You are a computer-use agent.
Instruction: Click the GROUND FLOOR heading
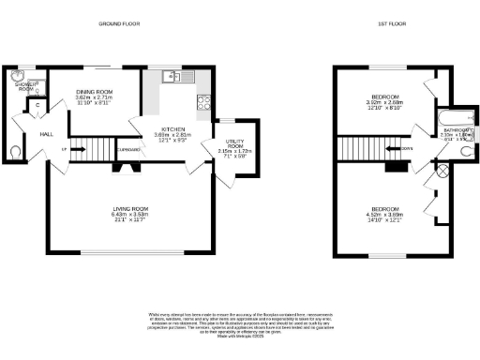(121, 25)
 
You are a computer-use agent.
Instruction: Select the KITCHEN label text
(171, 128)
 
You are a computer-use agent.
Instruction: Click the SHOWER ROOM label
(21, 85)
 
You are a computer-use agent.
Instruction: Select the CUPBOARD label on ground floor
(129, 148)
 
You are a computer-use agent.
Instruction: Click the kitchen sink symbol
(173, 76)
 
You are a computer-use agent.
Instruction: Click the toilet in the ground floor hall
(13, 150)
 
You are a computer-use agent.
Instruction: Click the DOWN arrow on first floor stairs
(404, 147)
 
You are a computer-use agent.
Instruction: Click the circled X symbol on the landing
(443, 172)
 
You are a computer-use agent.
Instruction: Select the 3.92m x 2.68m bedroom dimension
(384, 103)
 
